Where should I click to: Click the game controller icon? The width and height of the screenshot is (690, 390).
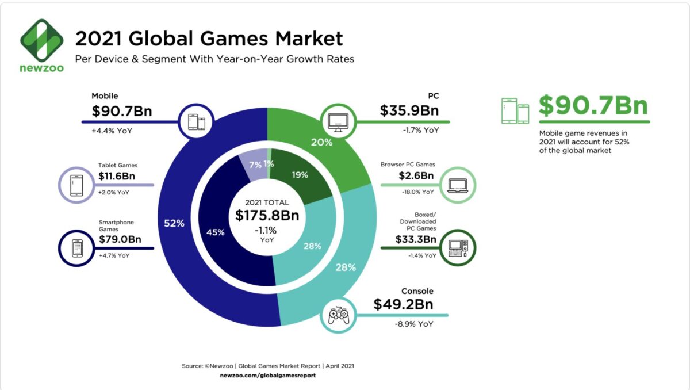[338, 314]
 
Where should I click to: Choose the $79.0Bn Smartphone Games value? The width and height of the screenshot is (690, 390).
[121, 239]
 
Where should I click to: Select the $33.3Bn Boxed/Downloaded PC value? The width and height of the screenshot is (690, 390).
[416, 239]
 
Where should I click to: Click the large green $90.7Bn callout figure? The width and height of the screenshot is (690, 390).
[593, 106]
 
